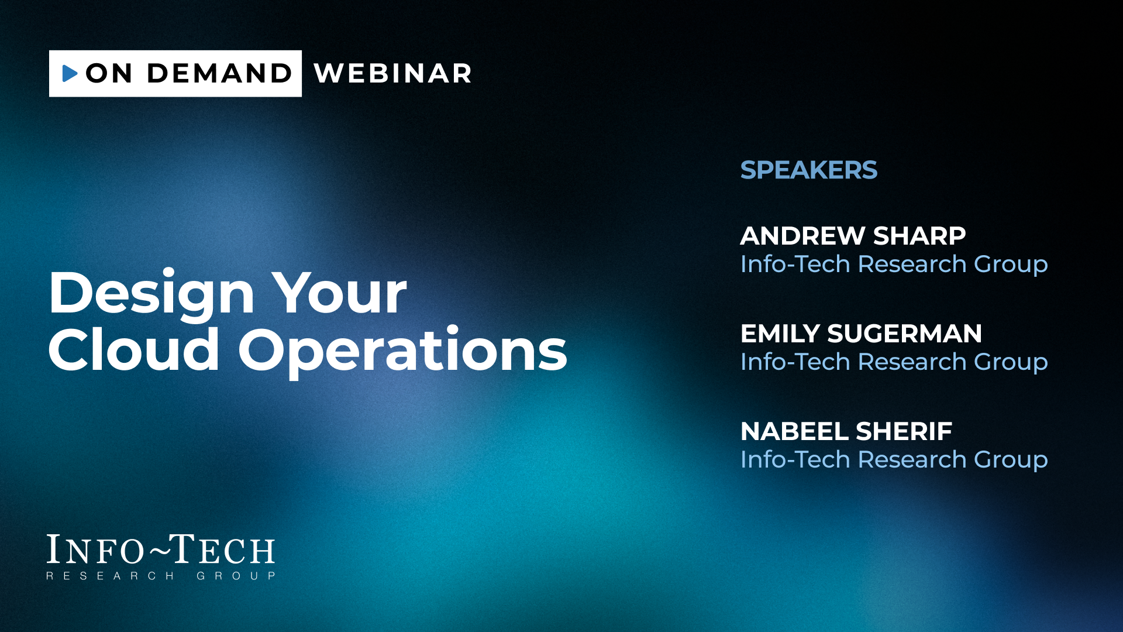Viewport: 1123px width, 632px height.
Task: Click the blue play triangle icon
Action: (70, 73)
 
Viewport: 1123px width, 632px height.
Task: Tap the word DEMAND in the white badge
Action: (219, 73)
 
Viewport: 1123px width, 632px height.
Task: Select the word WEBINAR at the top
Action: (392, 73)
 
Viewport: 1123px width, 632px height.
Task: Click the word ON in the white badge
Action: (109, 73)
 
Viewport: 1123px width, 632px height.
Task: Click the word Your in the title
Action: (339, 293)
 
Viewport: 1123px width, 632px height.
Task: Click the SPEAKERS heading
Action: (809, 170)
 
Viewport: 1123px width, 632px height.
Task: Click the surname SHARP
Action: (919, 236)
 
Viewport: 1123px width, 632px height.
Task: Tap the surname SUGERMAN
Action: (905, 334)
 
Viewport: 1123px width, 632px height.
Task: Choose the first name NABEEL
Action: (794, 431)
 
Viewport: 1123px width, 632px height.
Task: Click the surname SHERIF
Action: (904, 431)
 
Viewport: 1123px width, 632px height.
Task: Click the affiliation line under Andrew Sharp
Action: (894, 265)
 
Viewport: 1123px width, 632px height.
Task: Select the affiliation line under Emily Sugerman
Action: (894, 362)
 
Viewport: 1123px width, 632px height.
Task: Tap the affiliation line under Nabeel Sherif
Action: (894, 460)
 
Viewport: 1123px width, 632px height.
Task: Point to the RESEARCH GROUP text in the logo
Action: (161, 576)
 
